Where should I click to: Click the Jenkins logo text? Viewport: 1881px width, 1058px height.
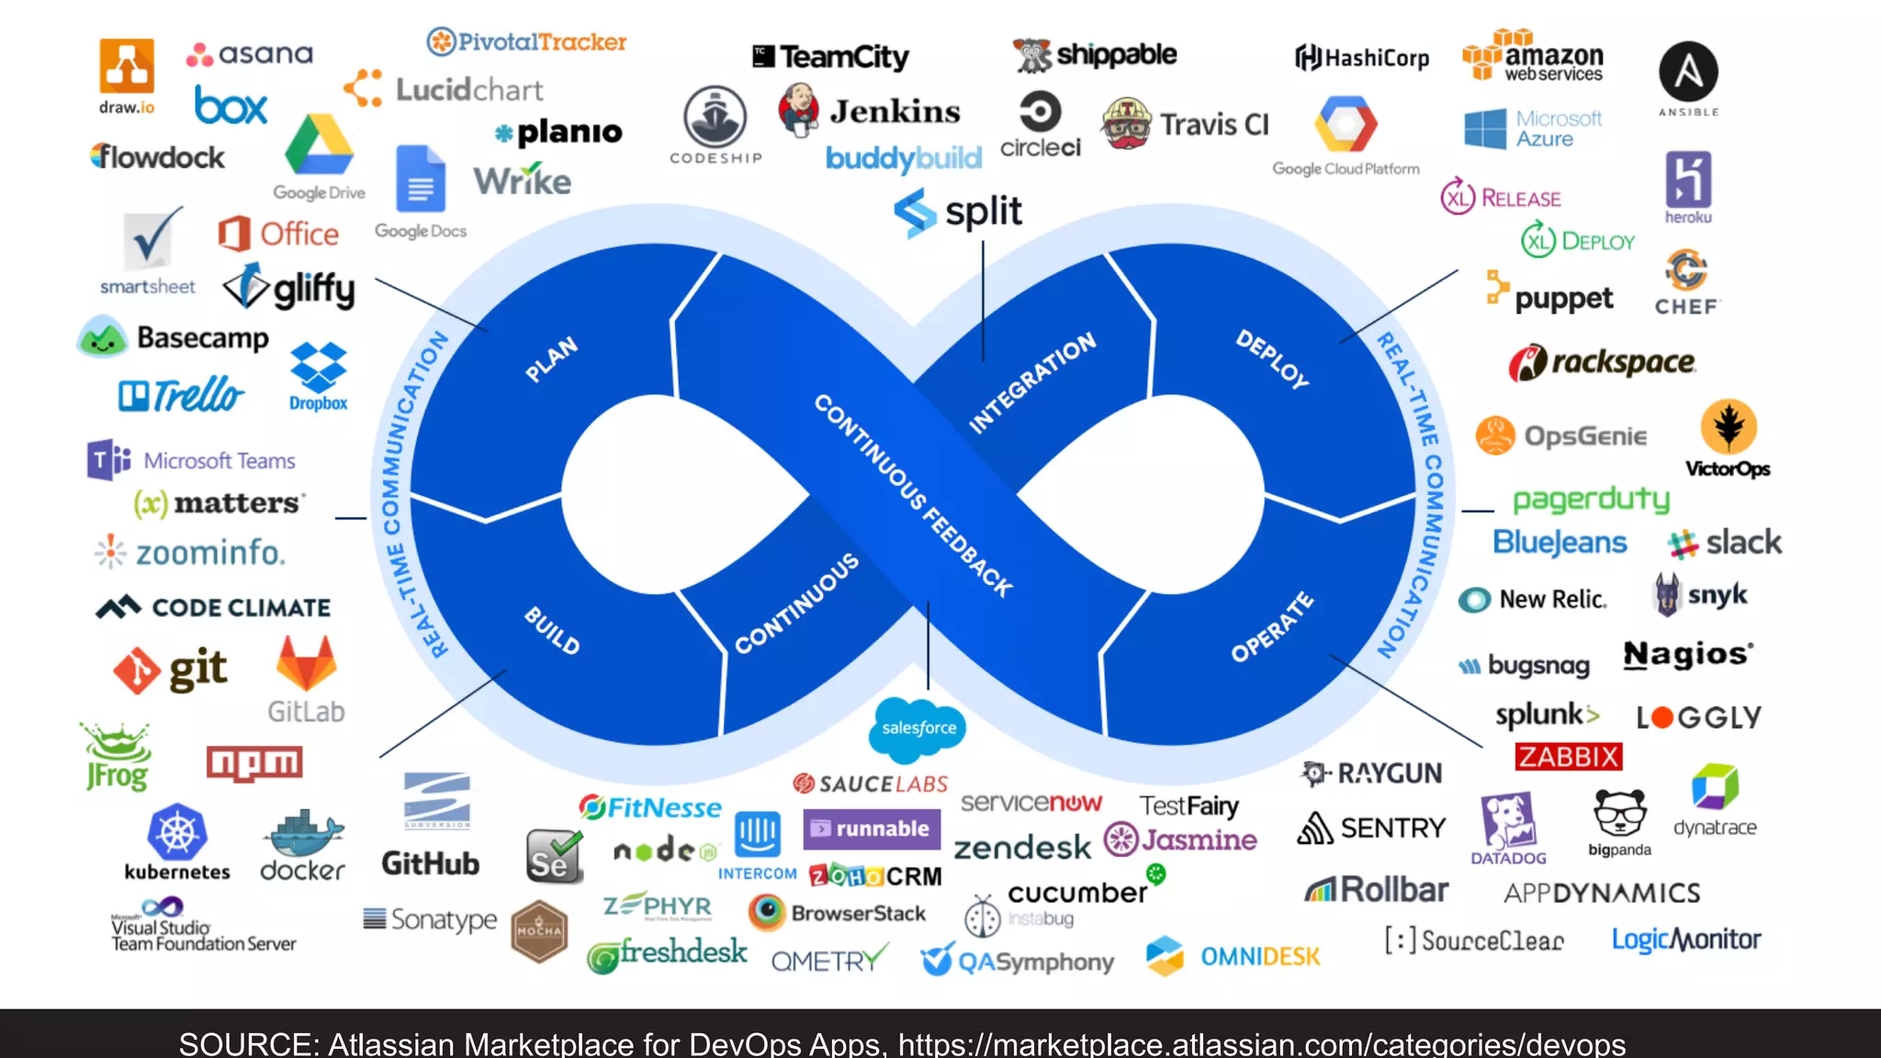(895, 112)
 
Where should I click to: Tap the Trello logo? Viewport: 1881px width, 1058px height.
(181, 395)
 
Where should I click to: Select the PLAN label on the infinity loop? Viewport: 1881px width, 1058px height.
(551, 359)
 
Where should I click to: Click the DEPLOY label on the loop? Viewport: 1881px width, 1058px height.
(1272, 359)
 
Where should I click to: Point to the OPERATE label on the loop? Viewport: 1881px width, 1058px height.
(1272, 627)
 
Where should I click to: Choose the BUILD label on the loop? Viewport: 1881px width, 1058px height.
(552, 631)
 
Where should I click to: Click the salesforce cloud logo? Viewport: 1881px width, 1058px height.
(918, 728)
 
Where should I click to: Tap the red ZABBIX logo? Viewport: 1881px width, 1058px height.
(1568, 757)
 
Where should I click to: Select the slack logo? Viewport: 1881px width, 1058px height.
(1724, 543)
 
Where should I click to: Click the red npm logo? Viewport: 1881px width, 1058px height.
(254, 762)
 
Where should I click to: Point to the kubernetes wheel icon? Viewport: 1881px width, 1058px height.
(177, 832)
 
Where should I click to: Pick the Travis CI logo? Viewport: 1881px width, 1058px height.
(1185, 124)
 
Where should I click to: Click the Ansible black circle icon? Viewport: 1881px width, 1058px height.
(1688, 72)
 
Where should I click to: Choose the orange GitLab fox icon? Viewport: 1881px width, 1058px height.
(306, 664)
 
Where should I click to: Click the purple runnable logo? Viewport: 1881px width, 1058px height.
(872, 828)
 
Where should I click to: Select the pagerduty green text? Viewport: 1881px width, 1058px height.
(1591, 500)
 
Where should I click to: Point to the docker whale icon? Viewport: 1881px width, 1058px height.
(302, 833)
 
